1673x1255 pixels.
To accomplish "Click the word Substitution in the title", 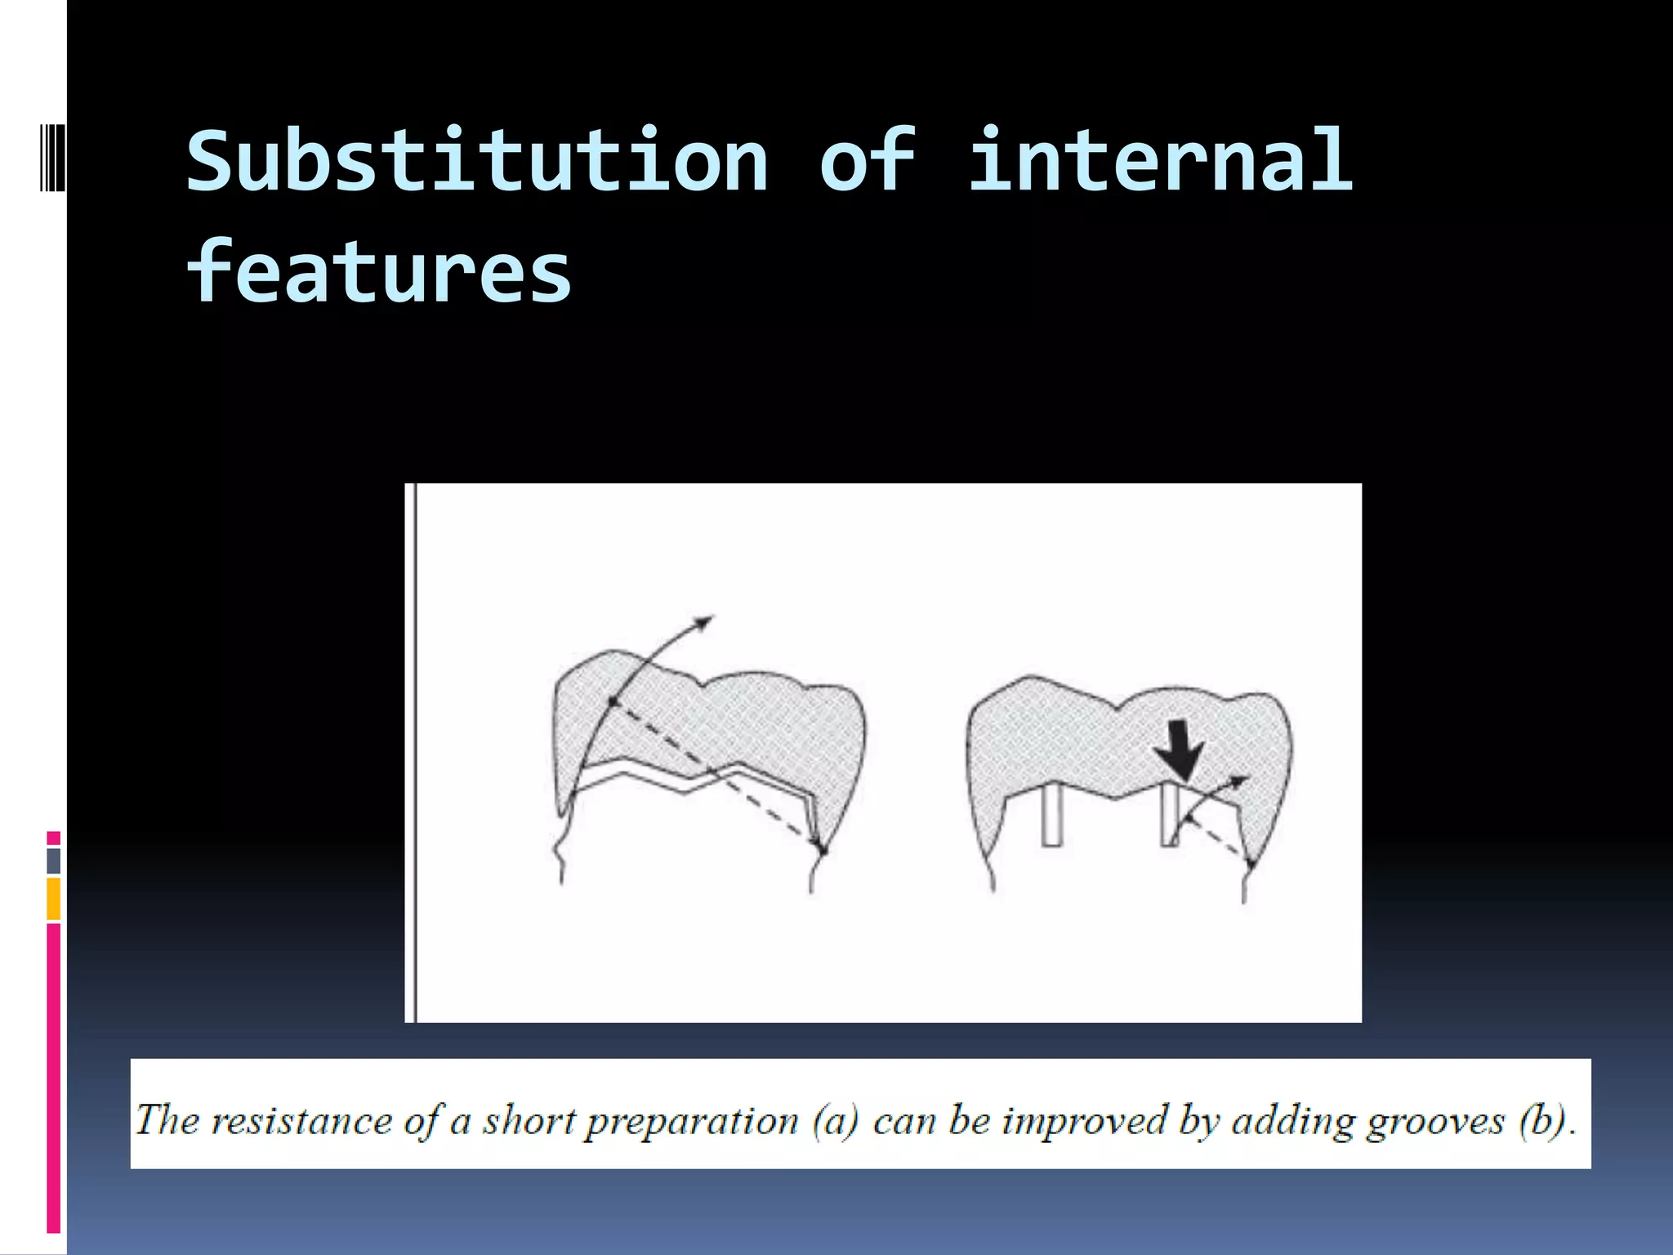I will coord(478,162).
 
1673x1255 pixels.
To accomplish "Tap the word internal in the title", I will coord(1160,162).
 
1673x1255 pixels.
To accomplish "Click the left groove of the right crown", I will coord(1052,815).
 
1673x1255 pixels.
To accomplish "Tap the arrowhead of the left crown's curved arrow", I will coord(704,622).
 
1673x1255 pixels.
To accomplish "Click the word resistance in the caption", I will coord(301,1119).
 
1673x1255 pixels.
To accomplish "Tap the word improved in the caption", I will coord(1085,1119).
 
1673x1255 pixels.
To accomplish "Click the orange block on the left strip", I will coord(53,899).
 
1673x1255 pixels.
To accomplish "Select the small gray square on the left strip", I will coord(53,860).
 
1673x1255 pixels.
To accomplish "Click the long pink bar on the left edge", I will coord(53,1079).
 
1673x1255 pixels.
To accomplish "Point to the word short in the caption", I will coord(530,1119).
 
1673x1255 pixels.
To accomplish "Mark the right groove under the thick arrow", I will coord(1170,815).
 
